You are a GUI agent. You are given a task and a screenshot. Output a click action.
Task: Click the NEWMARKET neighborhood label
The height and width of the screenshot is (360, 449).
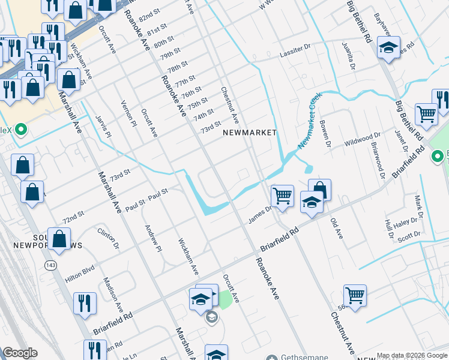click(250, 133)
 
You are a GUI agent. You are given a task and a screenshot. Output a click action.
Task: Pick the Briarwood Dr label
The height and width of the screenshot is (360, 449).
click(379, 160)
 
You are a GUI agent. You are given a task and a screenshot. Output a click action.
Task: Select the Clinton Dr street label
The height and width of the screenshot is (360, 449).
click(109, 238)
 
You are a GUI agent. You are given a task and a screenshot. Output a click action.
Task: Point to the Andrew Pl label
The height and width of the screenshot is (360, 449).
click(153, 238)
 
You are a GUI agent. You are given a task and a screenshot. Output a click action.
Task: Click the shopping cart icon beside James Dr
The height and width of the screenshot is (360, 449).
click(282, 196)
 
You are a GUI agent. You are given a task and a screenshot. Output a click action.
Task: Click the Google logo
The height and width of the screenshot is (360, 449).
click(20, 353)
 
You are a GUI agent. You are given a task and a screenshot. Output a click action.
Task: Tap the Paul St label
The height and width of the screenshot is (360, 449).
click(157, 194)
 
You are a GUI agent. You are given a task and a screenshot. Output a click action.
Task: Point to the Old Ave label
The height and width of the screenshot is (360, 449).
click(336, 229)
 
